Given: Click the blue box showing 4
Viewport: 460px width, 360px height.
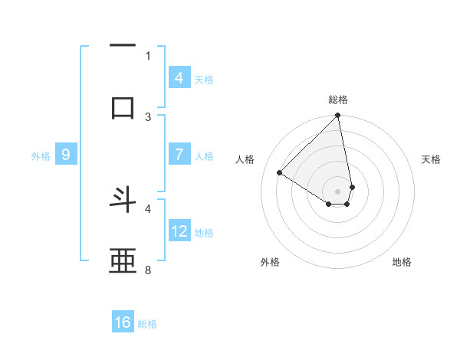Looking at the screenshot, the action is click(x=179, y=77).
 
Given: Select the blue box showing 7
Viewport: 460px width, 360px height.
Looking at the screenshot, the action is click(x=179, y=155).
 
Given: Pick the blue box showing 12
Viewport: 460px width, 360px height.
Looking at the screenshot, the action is click(x=179, y=231).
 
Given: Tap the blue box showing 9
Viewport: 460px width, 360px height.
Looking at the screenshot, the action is click(x=66, y=155).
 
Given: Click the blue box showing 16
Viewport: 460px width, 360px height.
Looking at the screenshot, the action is click(x=123, y=322).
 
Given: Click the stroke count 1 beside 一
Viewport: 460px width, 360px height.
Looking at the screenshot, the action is click(x=148, y=55).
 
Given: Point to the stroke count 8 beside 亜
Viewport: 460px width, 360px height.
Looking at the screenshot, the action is click(x=148, y=270).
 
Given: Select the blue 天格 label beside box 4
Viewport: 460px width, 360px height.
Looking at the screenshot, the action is click(x=204, y=79).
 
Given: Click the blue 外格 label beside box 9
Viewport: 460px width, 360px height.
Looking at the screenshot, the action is click(x=41, y=156).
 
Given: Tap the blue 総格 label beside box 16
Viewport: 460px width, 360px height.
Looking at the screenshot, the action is click(x=147, y=324).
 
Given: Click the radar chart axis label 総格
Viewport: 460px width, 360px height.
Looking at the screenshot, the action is click(x=338, y=100).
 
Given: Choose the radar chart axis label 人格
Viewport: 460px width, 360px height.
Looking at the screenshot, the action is click(x=245, y=159).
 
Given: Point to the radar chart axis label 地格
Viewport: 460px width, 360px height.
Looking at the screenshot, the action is click(x=402, y=263).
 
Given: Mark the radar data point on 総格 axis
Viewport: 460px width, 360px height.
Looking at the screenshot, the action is click(x=337, y=116).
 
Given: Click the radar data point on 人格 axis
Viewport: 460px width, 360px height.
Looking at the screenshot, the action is click(x=280, y=173).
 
